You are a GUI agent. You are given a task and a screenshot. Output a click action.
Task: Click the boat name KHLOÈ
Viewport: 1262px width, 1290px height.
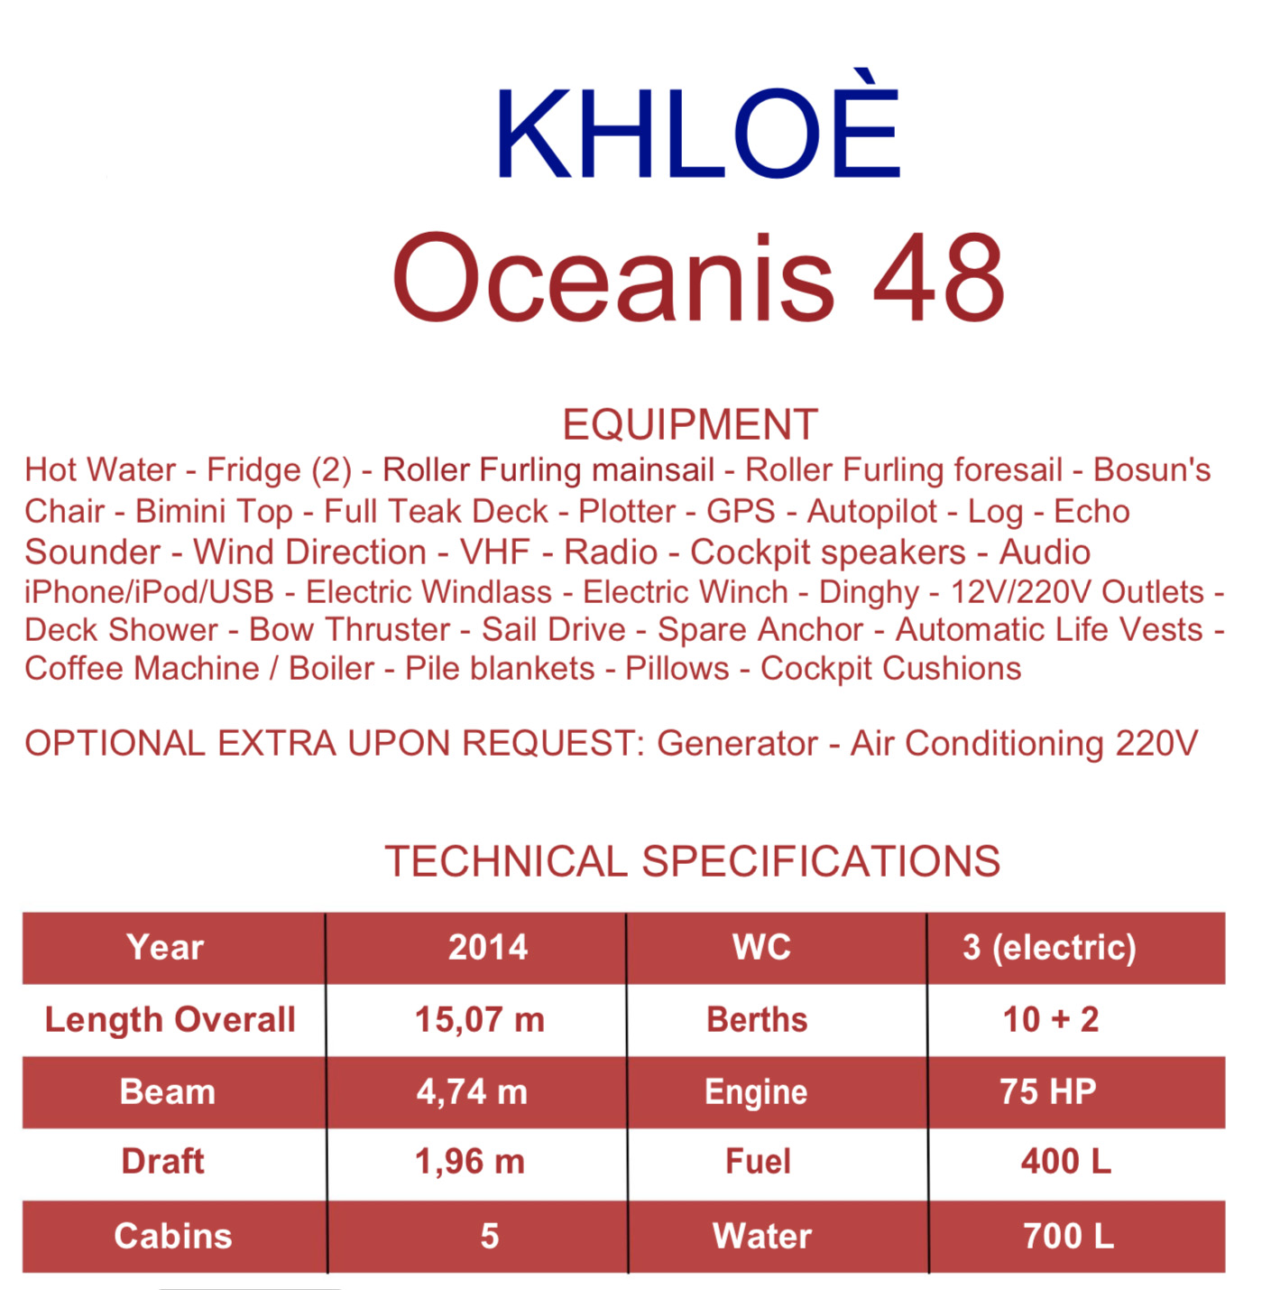698,123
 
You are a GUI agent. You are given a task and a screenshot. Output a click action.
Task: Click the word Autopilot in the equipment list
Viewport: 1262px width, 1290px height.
871,512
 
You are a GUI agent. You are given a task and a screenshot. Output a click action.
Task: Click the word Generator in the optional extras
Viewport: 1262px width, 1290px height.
737,743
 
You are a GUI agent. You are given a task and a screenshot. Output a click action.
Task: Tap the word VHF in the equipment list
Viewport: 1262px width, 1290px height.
494,552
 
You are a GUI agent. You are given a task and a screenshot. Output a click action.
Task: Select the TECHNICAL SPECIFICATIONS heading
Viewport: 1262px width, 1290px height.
692,861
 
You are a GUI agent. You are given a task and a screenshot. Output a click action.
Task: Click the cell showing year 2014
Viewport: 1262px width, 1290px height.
488,947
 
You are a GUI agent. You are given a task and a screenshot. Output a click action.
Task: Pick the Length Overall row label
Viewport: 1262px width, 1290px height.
170,1019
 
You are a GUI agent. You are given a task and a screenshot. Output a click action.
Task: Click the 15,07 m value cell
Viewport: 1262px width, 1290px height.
480,1020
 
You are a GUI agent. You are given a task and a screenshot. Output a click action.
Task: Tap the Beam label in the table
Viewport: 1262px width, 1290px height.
167,1091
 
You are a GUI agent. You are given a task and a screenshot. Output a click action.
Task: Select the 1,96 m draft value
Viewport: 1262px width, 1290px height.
470,1162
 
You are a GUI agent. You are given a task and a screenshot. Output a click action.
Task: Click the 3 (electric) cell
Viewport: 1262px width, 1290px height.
1049,948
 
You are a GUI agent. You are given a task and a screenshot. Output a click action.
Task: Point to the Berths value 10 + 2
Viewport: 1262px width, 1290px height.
1051,1019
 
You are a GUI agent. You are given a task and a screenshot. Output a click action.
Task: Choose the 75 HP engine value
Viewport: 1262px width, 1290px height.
1048,1091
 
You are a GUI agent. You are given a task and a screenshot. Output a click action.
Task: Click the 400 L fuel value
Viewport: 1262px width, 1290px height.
1066,1162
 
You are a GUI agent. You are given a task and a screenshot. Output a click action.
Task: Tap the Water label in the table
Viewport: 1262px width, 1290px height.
762,1236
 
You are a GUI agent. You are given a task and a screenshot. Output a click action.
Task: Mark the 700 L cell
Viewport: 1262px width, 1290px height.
1069,1236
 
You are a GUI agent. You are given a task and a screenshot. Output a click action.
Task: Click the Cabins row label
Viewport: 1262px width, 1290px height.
172,1236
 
